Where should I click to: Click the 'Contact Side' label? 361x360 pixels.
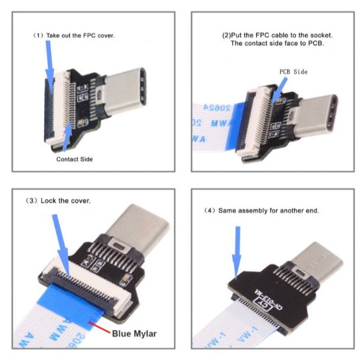coord(74,159)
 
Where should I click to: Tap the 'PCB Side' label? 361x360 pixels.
coord(293,71)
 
